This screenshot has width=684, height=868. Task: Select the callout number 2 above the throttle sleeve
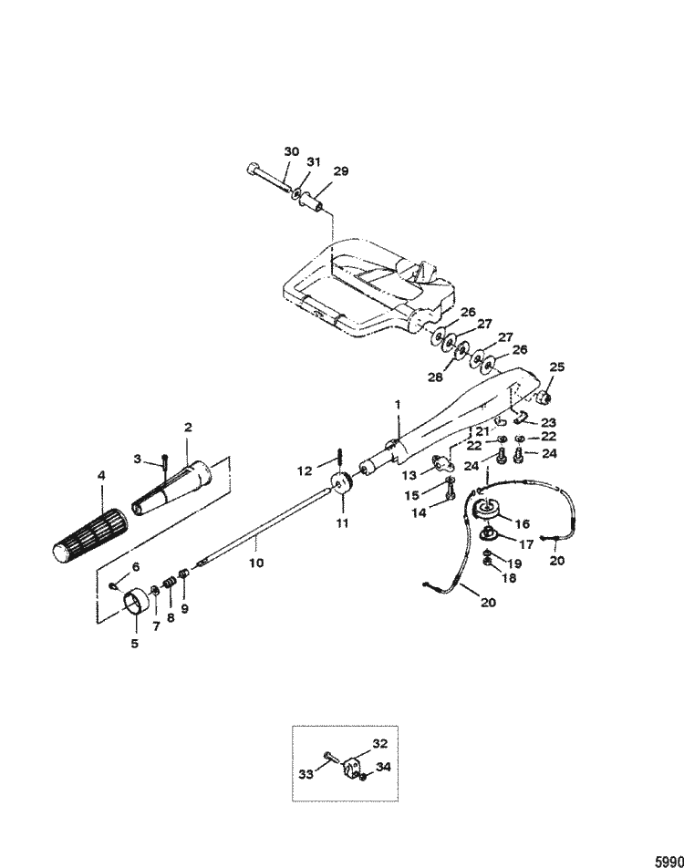(188, 427)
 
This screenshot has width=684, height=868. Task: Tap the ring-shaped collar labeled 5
(137, 603)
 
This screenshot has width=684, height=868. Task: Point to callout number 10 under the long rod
(256, 563)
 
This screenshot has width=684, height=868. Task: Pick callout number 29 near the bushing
(340, 170)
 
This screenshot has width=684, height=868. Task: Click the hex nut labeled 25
(544, 398)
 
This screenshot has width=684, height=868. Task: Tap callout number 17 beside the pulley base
(526, 544)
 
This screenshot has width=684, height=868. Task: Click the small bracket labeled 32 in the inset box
(353, 768)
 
